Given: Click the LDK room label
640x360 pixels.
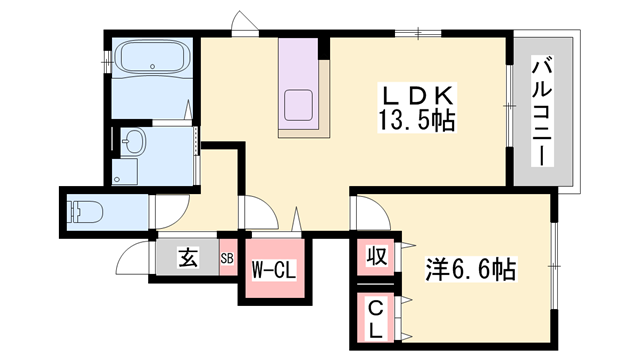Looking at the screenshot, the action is (417, 97).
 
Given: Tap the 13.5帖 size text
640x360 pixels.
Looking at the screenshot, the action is (417, 120).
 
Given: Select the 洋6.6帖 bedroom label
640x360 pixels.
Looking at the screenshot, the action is (471, 269).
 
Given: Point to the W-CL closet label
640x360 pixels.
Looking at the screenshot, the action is (273, 270).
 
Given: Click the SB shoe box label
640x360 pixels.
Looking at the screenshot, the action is (227, 258).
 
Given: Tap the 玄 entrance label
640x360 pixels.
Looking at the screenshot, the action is (188, 257).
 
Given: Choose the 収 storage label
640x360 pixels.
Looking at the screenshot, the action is (376, 256).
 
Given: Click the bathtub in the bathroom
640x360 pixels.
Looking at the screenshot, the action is (151, 57).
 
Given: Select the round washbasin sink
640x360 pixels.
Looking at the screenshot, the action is (134, 141).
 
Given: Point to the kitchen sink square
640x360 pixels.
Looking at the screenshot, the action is (298, 105).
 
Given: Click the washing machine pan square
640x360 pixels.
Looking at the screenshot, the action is (125, 172).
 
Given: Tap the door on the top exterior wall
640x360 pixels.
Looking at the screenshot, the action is (245, 22).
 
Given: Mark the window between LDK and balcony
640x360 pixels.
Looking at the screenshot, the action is (509, 106).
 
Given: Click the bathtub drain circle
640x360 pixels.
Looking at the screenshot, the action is (153, 66).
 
